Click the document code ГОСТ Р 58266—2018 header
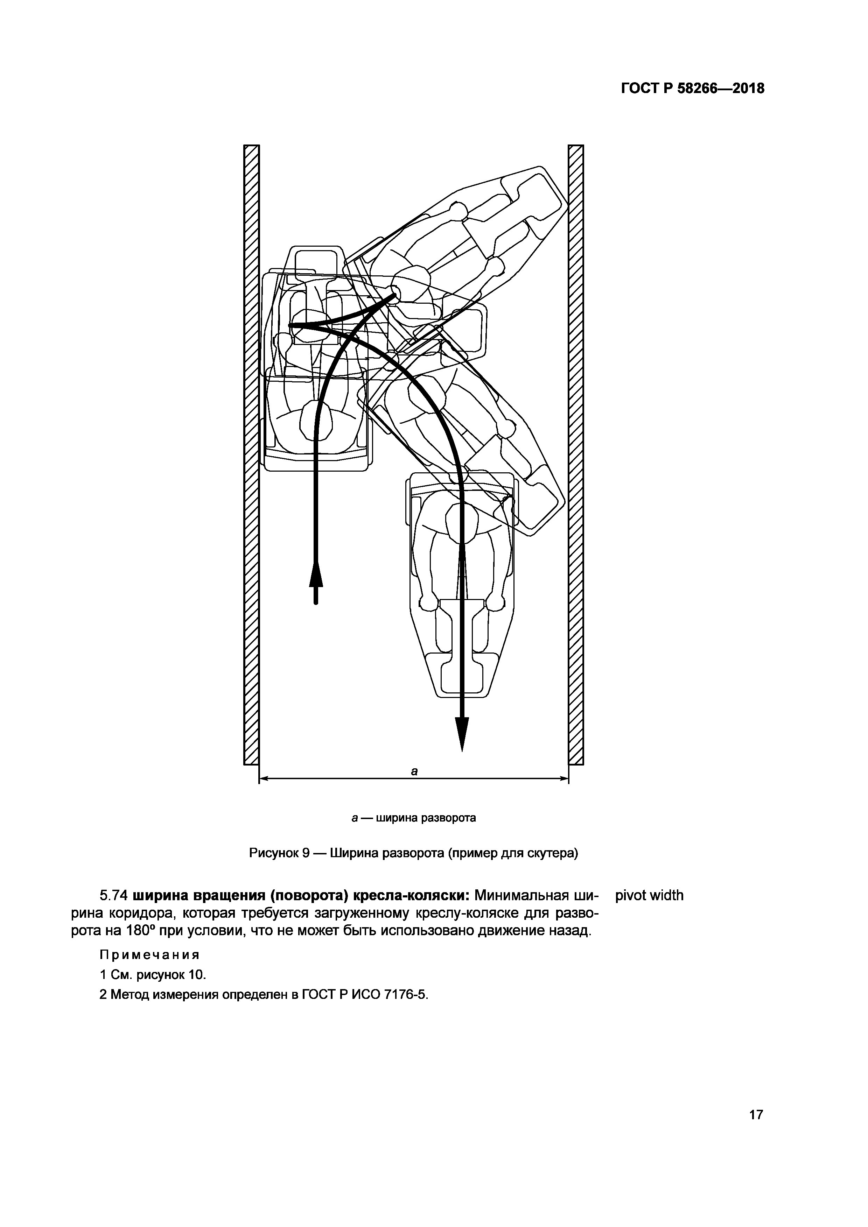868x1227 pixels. (692, 88)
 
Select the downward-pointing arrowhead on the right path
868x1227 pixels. (462, 733)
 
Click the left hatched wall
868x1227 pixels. (251, 454)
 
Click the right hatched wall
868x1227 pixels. (576, 454)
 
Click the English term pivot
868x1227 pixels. (631, 896)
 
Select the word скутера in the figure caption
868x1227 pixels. (553, 853)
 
